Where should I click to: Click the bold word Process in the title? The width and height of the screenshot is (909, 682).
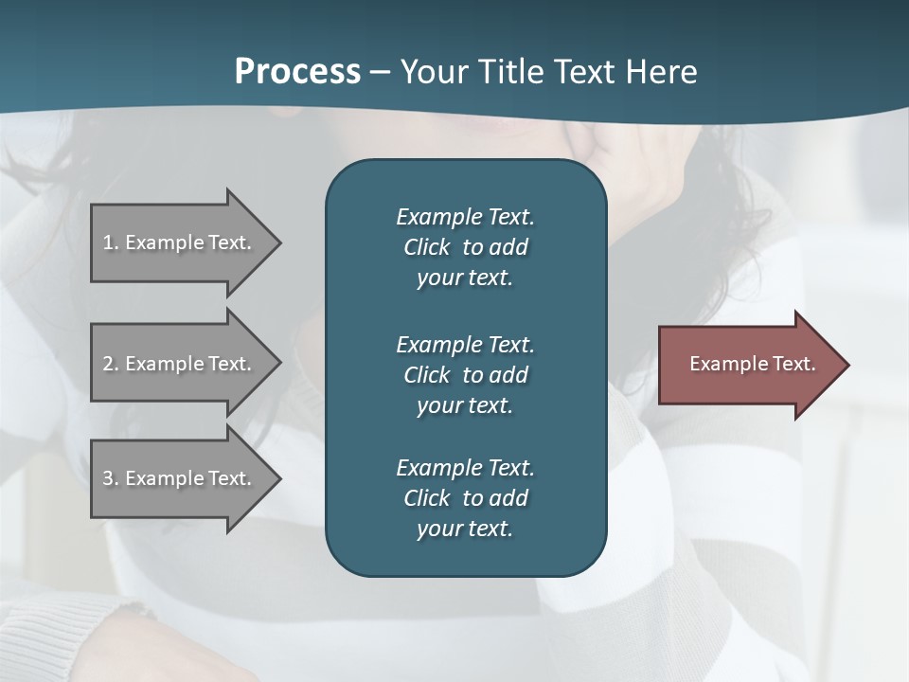coord(297,72)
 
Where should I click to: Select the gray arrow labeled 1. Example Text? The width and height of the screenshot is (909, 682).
coord(180,242)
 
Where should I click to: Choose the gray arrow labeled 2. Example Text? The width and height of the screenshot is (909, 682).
coord(180,364)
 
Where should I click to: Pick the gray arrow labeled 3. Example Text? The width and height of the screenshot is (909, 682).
coord(180,478)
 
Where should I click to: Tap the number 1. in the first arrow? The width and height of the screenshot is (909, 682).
coord(111,242)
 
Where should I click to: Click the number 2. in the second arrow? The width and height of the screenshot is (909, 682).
coord(111,364)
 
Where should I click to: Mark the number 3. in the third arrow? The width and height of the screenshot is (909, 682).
coord(111,478)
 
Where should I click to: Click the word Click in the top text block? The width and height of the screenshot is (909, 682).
coord(427,247)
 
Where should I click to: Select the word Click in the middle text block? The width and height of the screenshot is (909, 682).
coord(427,375)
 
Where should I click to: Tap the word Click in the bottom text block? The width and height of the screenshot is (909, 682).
coord(427,498)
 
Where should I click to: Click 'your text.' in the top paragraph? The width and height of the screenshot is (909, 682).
coord(465,278)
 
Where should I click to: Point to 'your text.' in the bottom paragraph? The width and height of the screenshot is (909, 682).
coord(465,529)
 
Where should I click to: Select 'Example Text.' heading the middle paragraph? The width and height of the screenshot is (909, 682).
coord(465,345)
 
